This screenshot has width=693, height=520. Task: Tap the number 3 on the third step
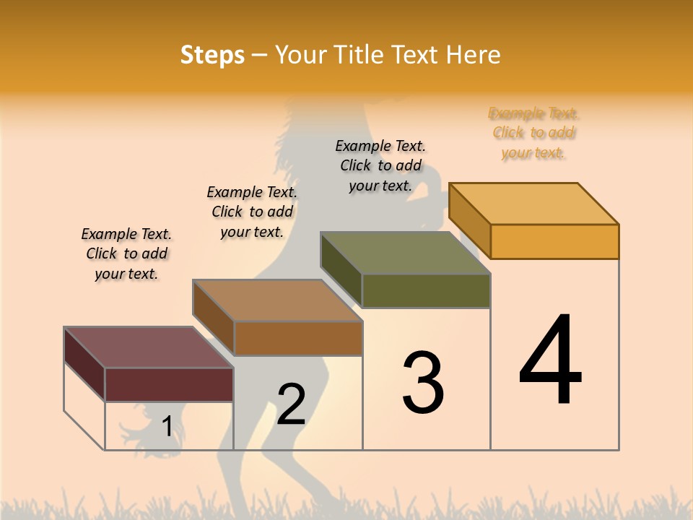(x=422, y=383)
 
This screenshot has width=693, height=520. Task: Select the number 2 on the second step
(x=291, y=404)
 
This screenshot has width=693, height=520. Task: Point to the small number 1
(x=167, y=426)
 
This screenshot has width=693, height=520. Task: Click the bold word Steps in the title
(x=212, y=55)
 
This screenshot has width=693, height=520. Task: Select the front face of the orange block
(x=554, y=241)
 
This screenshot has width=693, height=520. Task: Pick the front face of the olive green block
(x=426, y=290)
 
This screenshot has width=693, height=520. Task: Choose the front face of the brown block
(x=298, y=338)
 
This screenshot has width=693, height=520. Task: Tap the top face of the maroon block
(x=148, y=347)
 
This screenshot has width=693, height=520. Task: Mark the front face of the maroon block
(x=169, y=384)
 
